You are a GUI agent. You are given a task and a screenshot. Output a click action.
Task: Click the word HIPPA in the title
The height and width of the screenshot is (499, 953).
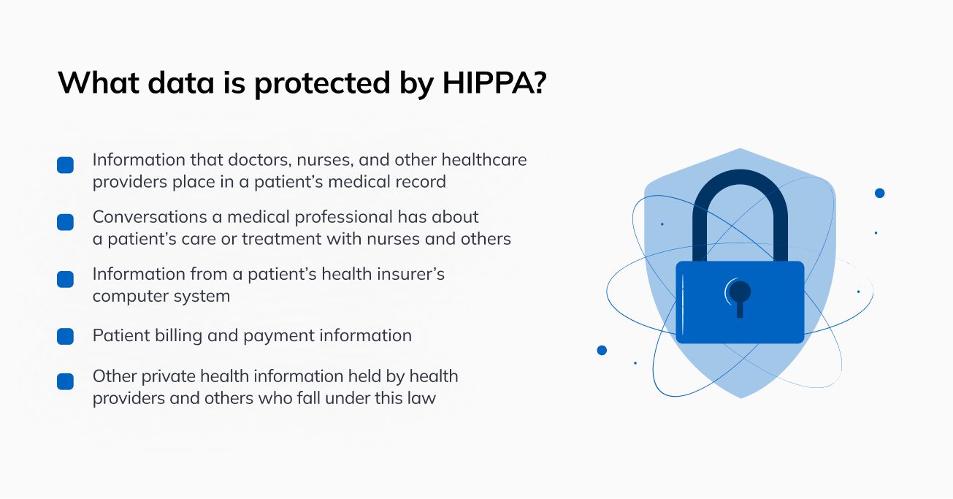click(489, 83)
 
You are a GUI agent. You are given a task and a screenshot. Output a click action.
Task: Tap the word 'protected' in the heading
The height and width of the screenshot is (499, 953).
click(322, 84)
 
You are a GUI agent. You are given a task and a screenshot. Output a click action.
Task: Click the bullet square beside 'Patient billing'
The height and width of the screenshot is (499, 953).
click(65, 336)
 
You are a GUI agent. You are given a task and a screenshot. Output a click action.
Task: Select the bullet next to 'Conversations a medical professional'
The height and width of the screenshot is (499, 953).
click(65, 222)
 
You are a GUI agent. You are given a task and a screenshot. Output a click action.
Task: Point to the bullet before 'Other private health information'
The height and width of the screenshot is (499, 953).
click(65, 381)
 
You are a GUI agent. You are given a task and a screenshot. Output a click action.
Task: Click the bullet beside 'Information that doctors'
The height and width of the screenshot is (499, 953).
click(65, 165)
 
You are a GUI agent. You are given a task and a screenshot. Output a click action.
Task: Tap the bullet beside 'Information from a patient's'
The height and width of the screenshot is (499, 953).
click(65, 279)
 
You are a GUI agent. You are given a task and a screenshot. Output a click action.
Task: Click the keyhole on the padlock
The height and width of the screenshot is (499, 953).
click(740, 298)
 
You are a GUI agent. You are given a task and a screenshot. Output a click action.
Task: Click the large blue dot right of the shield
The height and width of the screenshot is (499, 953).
click(880, 194)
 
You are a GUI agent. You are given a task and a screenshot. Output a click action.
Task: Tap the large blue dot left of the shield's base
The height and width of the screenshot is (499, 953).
click(602, 351)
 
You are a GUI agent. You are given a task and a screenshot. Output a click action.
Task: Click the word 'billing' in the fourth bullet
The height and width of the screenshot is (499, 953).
click(178, 336)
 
